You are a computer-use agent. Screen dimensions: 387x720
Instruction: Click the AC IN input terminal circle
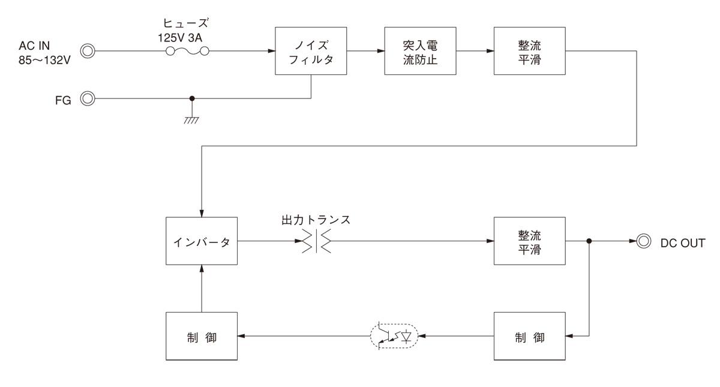pyautogui.click(x=87, y=51)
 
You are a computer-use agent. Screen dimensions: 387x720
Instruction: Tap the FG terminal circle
pyautogui.click(x=87, y=98)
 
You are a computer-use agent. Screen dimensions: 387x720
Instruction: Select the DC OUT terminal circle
pyautogui.click(x=644, y=242)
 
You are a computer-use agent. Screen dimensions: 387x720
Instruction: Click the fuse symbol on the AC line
pyautogui.click(x=187, y=52)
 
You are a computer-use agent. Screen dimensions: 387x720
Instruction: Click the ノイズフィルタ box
pyautogui.click(x=310, y=51)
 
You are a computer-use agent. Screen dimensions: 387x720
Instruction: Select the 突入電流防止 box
pyautogui.click(x=419, y=51)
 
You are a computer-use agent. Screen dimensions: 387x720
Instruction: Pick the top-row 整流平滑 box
pyautogui.click(x=529, y=51)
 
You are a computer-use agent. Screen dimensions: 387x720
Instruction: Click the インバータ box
pyautogui.click(x=202, y=242)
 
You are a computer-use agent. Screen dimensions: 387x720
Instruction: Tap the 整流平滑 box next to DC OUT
pyautogui.click(x=529, y=242)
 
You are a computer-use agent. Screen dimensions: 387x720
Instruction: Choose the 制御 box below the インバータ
pyautogui.click(x=202, y=336)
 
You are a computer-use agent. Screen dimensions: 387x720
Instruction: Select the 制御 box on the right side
pyautogui.click(x=529, y=336)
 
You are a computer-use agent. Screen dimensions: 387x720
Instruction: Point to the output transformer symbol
pyautogui.click(x=316, y=242)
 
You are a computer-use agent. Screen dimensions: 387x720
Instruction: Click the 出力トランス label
pyautogui.click(x=316, y=220)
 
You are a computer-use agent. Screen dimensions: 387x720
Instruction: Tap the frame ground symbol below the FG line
pyautogui.click(x=192, y=119)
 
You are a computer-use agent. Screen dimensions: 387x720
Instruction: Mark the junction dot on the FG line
pyautogui.click(x=192, y=98)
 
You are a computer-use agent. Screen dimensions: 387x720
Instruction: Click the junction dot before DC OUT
pyautogui.click(x=589, y=242)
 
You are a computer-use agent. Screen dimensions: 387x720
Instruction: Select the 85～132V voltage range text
pyautogui.click(x=45, y=60)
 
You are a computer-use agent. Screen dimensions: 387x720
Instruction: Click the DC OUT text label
pyautogui.click(x=683, y=242)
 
